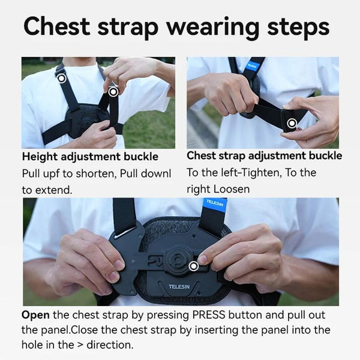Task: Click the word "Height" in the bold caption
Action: [41, 157]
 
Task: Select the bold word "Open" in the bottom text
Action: [35, 315]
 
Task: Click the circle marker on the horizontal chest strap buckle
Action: [292, 124]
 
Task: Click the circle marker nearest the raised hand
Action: [113, 92]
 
